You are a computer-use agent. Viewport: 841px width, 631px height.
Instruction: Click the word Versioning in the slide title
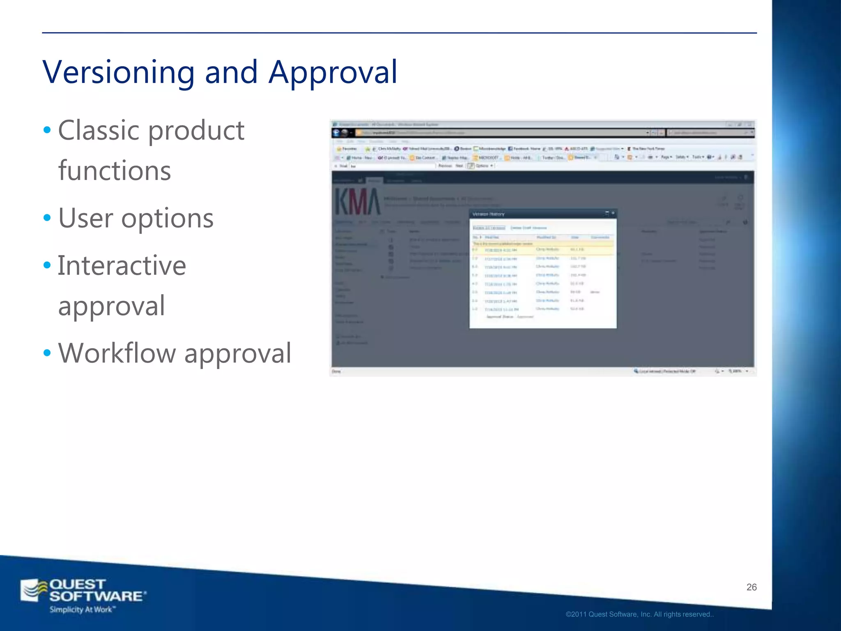coord(118,72)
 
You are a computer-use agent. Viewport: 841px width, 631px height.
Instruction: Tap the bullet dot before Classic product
coord(47,130)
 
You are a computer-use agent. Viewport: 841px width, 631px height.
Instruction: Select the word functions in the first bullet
coord(115,170)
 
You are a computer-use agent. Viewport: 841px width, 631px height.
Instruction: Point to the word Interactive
coord(122,265)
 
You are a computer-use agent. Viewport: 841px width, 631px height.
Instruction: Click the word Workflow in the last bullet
coord(117,353)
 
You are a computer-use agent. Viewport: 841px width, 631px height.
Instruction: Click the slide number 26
coord(751,587)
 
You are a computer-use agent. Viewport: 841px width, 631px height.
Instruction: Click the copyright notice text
coord(639,614)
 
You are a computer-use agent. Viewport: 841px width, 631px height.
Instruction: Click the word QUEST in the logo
coord(77,584)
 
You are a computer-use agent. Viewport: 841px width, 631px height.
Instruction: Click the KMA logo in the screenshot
coord(357,201)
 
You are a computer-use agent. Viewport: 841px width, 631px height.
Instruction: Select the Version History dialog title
coord(489,214)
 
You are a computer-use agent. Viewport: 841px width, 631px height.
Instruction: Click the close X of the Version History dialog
coord(613,213)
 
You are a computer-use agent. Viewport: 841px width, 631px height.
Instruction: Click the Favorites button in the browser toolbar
coord(347,148)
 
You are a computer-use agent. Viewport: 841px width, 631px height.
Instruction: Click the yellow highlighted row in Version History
coord(542,249)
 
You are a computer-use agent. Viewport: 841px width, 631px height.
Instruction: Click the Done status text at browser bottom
coord(336,371)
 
